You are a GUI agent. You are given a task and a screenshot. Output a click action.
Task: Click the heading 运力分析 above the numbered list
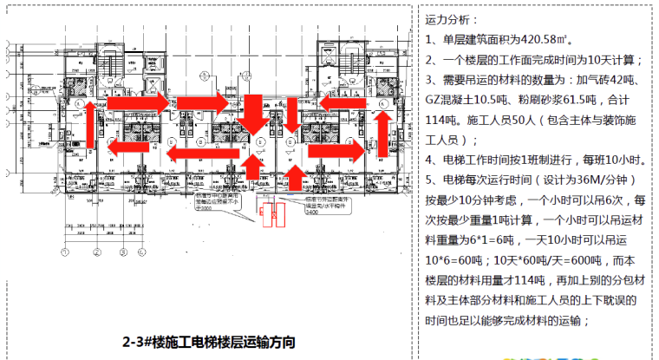tap(451, 18)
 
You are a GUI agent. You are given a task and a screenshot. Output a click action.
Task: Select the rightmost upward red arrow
tap(295, 177)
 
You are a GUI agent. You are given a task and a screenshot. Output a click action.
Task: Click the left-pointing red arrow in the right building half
tap(338, 101)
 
